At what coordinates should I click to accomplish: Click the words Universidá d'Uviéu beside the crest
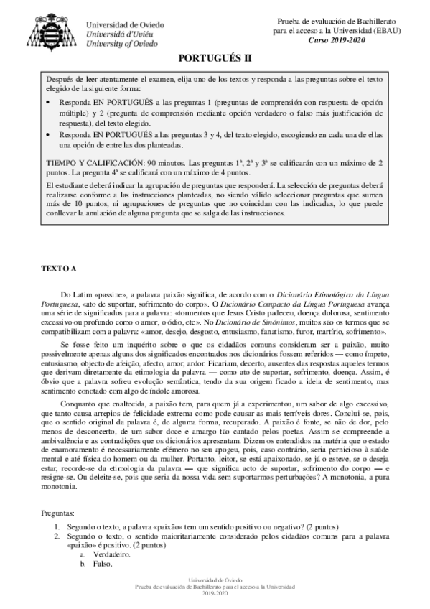tap(115, 33)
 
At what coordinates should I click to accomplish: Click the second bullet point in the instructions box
tap(47, 134)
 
